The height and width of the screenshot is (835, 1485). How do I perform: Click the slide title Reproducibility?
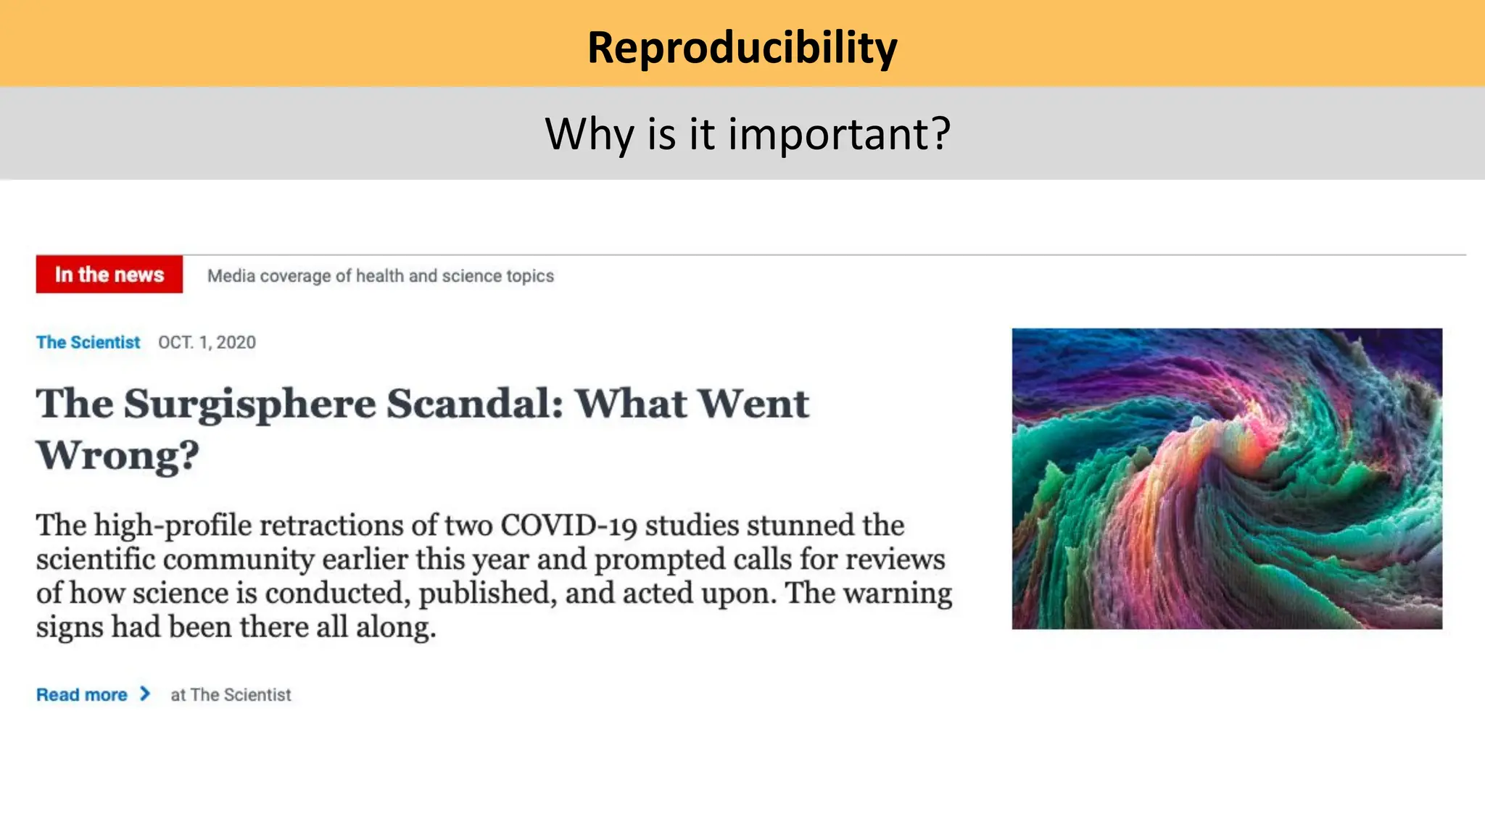pos(742,48)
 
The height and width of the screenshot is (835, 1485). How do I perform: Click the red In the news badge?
pos(109,275)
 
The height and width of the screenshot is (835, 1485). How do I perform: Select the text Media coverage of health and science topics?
pos(380,276)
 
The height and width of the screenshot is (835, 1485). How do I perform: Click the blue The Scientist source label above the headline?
pos(88,342)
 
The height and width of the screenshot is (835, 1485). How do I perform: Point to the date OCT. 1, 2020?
pos(207,342)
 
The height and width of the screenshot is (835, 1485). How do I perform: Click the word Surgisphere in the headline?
pos(249,404)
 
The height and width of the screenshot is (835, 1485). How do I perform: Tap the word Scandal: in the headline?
pos(474,404)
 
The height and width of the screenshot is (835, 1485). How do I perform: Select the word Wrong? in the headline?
pos(117,456)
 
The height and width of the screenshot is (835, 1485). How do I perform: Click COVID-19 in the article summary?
pos(568,525)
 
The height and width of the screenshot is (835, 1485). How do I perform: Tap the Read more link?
pos(82,694)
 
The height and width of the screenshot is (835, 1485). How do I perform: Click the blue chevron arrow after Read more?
pos(145,694)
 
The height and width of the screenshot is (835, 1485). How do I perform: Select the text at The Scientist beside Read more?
pos(231,694)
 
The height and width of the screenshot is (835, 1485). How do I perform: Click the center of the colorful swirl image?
pos(1227,478)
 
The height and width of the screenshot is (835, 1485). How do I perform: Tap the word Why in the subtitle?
pos(589,134)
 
